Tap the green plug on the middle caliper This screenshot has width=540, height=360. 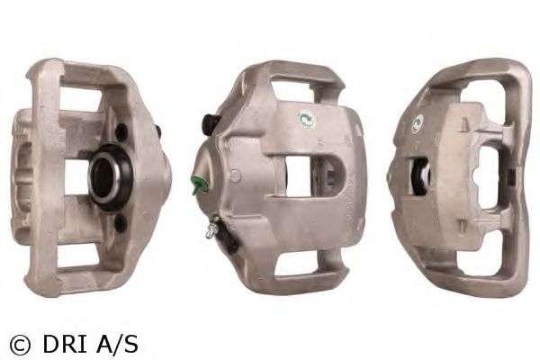pos(198,184)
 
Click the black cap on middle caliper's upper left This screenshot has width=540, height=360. pos(209,124)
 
